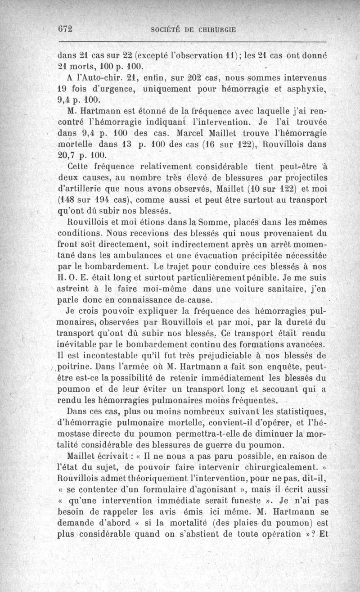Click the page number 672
(x=66, y=28)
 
